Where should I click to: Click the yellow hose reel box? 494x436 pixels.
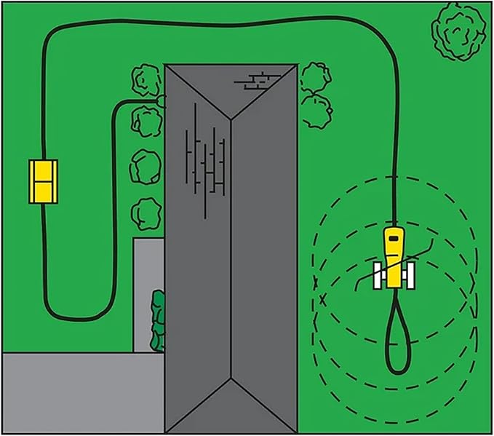point(42,181)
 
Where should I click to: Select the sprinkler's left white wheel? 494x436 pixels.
point(378,277)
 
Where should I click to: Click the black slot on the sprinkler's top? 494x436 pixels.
point(394,237)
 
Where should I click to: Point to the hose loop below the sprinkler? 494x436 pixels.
point(397,335)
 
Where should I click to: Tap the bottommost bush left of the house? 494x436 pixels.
point(144,214)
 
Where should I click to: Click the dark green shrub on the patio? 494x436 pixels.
point(156,320)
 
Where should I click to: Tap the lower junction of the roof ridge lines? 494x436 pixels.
point(232,378)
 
